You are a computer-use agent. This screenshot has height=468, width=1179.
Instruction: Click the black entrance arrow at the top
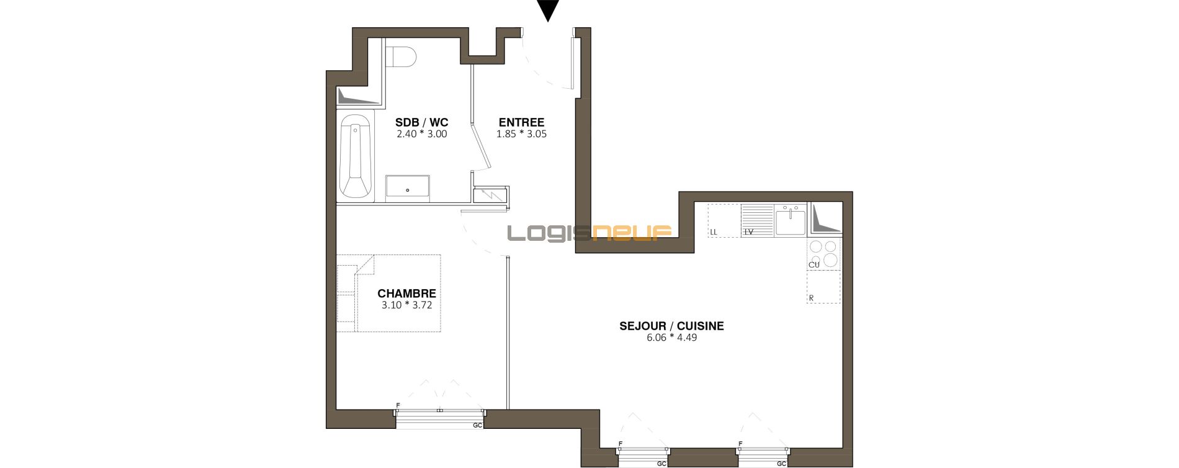[548, 9]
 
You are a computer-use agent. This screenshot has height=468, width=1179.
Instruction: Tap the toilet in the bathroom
[401, 55]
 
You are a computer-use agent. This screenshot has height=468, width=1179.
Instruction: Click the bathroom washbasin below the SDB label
[408, 187]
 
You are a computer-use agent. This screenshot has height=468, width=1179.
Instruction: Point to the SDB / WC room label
[422, 122]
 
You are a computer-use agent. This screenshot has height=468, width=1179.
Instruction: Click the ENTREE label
[521, 122]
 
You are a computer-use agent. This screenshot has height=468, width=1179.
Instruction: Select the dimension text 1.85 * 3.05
[521, 134]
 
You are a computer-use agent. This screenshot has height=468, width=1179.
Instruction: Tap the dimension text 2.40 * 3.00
[422, 134]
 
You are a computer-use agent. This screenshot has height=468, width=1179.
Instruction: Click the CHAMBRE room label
[407, 294]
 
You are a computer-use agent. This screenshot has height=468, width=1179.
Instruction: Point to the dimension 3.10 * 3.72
[407, 305]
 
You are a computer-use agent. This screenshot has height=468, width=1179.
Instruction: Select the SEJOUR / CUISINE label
[671, 326]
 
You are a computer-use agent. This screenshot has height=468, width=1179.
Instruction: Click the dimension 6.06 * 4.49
[671, 338]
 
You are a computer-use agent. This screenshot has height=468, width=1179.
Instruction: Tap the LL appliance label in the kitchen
[714, 232]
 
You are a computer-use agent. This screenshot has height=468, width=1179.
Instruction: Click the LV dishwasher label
[749, 232]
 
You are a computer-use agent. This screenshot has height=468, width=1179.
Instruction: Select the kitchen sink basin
[791, 222]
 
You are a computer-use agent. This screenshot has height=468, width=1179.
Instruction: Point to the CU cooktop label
[814, 265]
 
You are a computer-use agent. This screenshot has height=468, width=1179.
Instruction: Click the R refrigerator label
[812, 299]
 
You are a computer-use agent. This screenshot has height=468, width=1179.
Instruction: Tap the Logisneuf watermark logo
[589, 233]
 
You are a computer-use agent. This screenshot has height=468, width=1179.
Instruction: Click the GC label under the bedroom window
[478, 425]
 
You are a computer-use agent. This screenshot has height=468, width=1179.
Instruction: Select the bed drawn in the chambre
[389, 293]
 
